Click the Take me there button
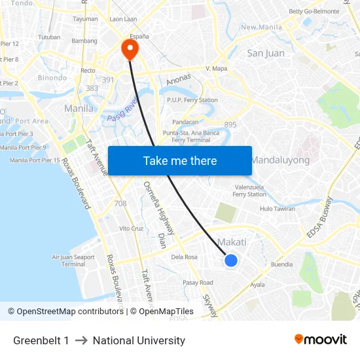pyautogui.click(x=180, y=160)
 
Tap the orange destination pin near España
pyautogui.click(x=130, y=48)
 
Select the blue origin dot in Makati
pyautogui.click(x=231, y=261)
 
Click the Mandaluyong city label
pyautogui.click(x=280, y=160)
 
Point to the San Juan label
pyautogui.click(x=265, y=53)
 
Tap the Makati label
pyautogui.click(x=232, y=242)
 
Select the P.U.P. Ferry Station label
pyautogui.click(x=192, y=100)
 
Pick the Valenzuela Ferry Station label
pyautogui.click(x=249, y=190)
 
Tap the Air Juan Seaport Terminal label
pyautogui.click(x=73, y=261)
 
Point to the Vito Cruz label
pyautogui.click(x=131, y=228)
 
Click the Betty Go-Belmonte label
pyautogui.click(x=315, y=11)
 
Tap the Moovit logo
pyautogui.click(x=321, y=340)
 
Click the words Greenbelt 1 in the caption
pyautogui.click(x=41, y=340)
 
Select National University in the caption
pyautogui.click(x=139, y=340)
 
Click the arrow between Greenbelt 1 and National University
pyautogui.click(x=81, y=340)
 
